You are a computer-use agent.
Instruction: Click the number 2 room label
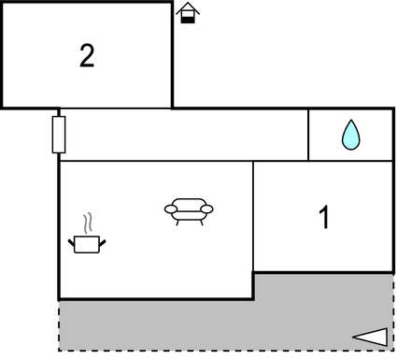[87, 56]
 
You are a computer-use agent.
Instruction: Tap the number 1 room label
[324, 219]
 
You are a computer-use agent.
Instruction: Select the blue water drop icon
[350, 135]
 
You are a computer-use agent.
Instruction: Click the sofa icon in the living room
[189, 210]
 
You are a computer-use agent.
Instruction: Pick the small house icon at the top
[188, 13]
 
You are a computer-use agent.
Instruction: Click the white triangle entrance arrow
[370, 337]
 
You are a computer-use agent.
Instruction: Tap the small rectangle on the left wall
[59, 135]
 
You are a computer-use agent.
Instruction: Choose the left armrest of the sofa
[170, 209]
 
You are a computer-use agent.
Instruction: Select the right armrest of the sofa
[207, 209]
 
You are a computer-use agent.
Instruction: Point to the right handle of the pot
[103, 242]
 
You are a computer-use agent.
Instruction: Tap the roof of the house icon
[188, 7]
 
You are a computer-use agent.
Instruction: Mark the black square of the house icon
[188, 17]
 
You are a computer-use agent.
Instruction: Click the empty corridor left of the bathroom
[183, 135]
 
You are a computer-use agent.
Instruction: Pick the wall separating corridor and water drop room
[308, 135]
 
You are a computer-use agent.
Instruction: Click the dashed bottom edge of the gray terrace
[224, 351]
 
